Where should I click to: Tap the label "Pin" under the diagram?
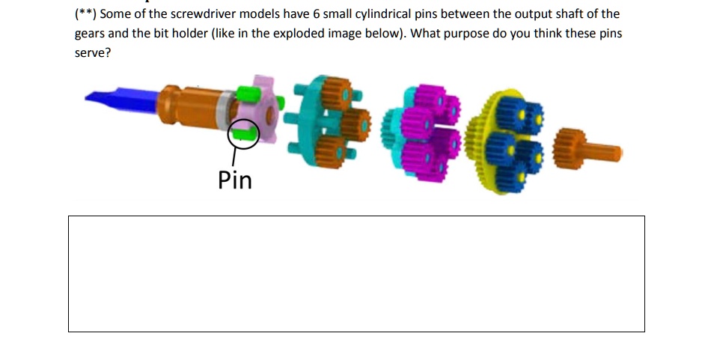235,180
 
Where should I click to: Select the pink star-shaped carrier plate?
268,109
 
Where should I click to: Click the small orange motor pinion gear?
570,147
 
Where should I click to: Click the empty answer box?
356,273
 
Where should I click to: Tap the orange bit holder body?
187,106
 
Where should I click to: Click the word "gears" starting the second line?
90,34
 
